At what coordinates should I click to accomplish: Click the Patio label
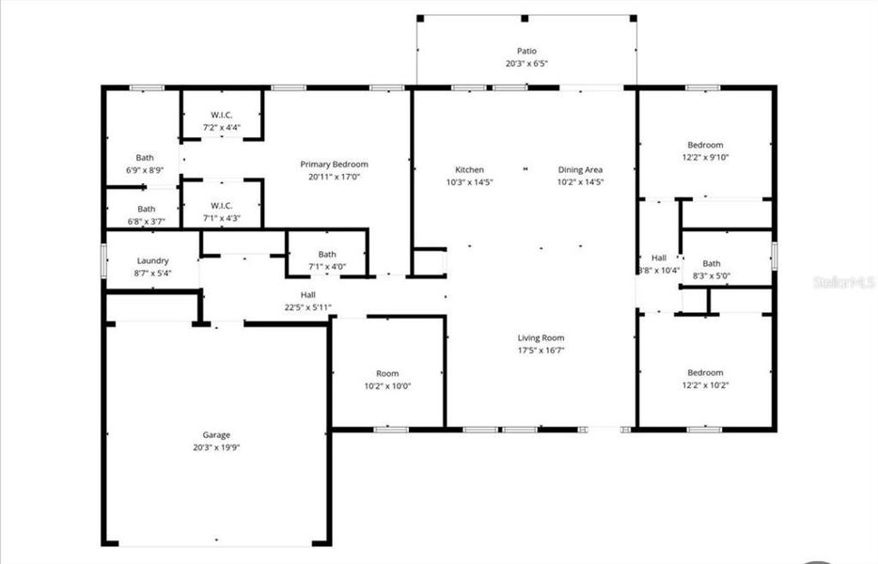(526, 51)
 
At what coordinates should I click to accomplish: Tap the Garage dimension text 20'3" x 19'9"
(216, 447)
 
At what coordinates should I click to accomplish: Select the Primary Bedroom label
(334, 164)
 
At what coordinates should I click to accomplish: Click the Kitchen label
(469, 170)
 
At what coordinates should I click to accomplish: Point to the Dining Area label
(580, 170)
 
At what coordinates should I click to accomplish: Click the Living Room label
(541, 337)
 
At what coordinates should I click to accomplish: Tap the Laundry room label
(152, 260)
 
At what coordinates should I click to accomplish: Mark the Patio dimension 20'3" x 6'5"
(526, 64)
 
